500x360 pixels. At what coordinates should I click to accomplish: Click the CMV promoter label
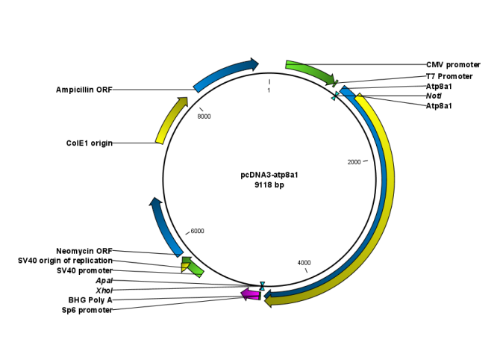[453, 65]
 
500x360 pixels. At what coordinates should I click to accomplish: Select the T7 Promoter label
[449, 76]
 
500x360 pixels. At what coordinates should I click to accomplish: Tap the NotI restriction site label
[434, 96]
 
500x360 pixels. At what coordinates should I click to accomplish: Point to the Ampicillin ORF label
[84, 90]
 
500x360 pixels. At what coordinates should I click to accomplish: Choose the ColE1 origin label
[89, 143]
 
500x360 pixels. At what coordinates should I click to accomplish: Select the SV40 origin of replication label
[65, 261]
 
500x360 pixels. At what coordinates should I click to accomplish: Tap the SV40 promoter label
[84, 270]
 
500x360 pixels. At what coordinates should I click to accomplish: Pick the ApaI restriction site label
[104, 280]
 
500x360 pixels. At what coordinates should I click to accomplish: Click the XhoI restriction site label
[104, 290]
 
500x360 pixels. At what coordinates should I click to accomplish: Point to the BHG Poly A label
[90, 300]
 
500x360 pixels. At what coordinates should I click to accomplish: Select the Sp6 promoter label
[87, 310]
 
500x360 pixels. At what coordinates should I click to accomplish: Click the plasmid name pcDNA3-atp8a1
[269, 175]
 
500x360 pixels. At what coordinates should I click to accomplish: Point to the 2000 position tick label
[354, 162]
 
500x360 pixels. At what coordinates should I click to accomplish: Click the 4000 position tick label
[304, 263]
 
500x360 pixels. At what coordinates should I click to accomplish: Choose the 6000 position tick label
[197, 232]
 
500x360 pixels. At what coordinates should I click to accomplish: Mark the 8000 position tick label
[204, 117]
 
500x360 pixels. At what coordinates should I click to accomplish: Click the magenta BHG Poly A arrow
[250, 296]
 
